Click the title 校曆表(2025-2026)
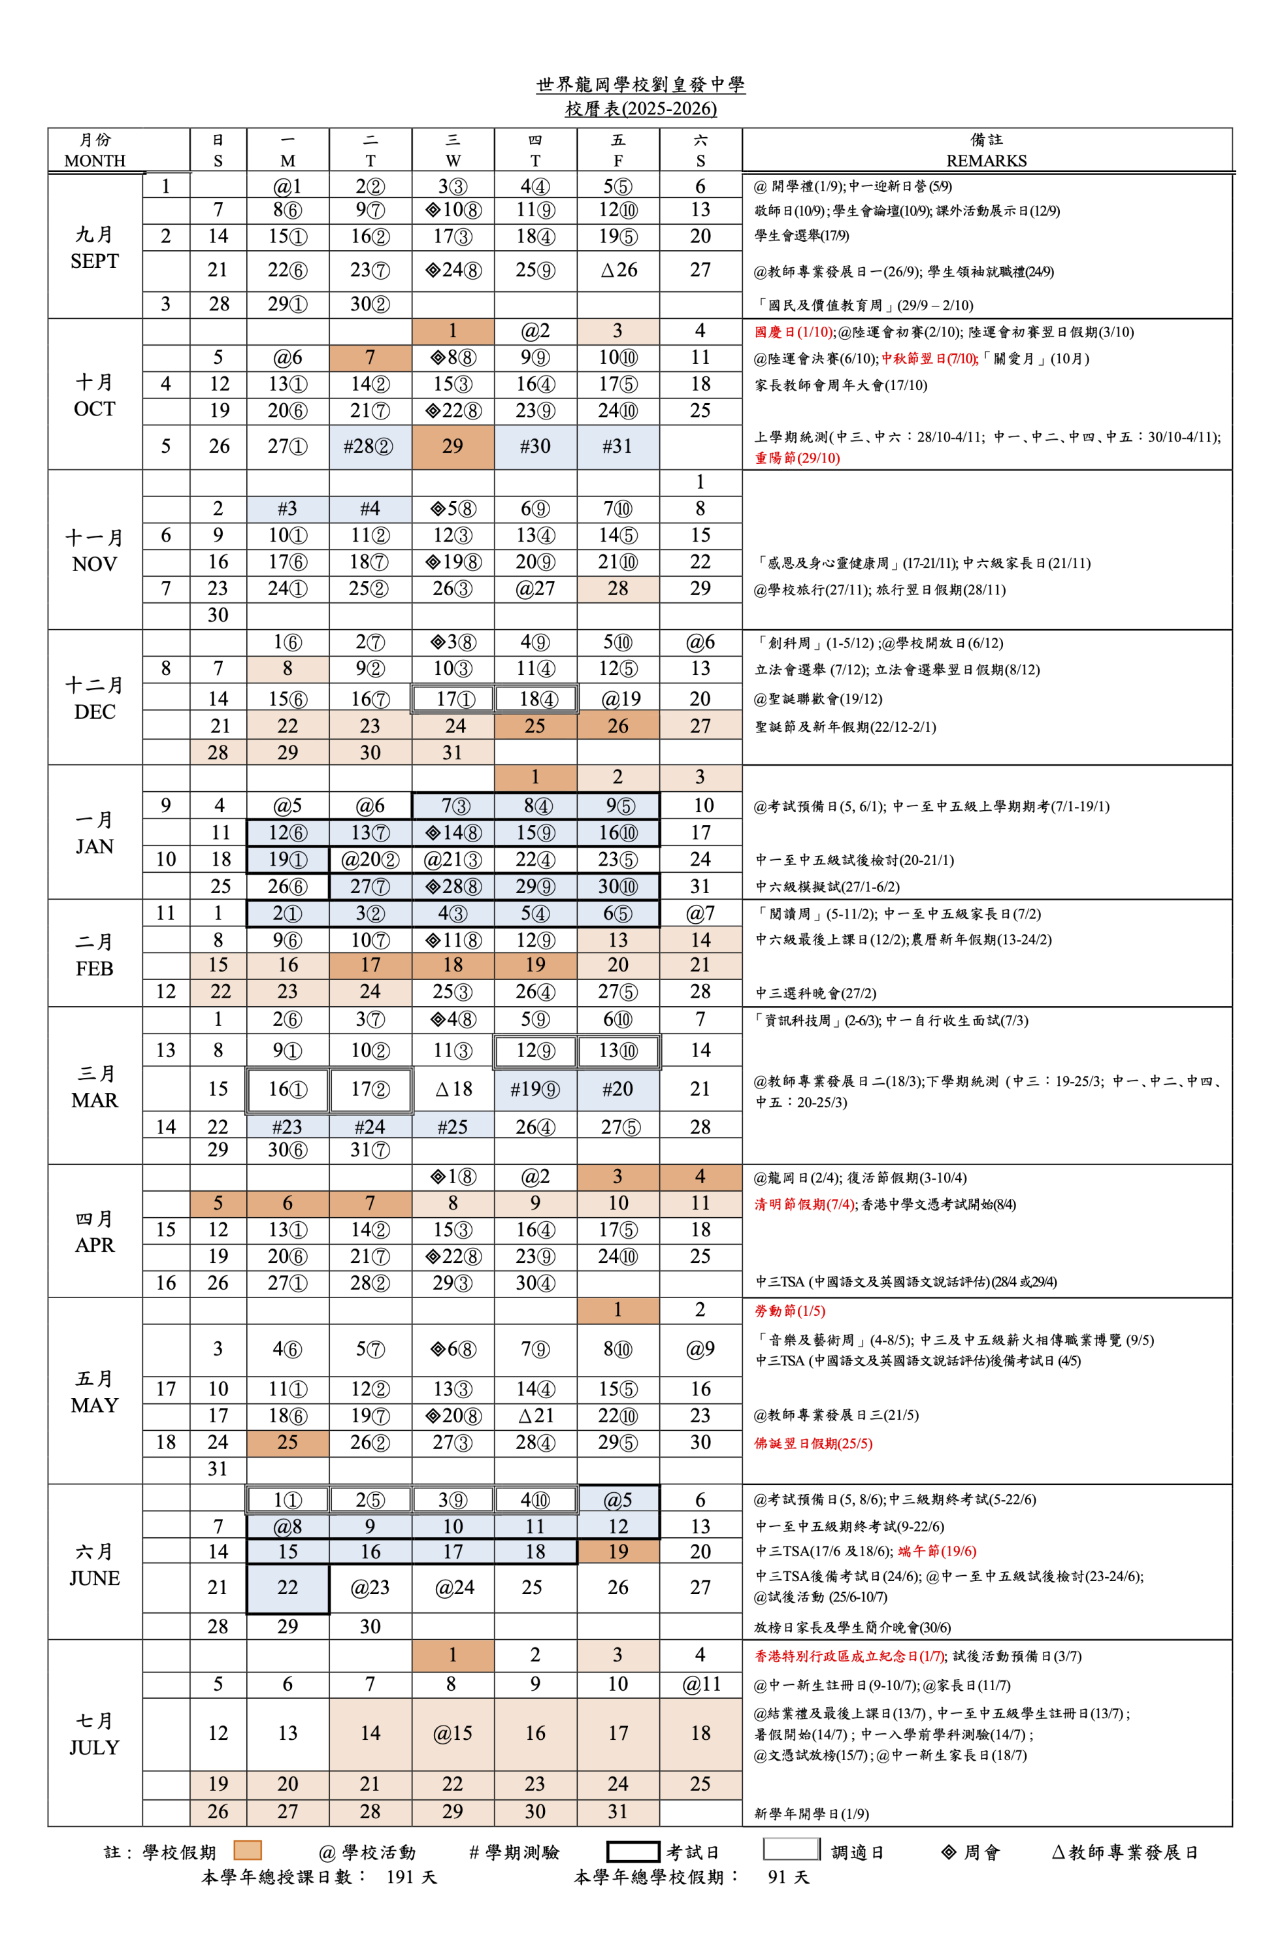coord(640,108)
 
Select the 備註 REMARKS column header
coord(987,150)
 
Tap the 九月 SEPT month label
coord(95,248)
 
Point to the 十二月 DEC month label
coord(95,698)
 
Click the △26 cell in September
coord(618,270)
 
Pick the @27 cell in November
coord(535,589)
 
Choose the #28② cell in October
coord(370,446)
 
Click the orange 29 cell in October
coord(453,446)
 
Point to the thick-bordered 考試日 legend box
coord(633,1852)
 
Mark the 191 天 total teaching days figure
coord(411,1877)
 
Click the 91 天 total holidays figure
coord(788,1877)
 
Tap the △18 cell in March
coord(453,1088)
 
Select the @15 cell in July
coord(453,1733)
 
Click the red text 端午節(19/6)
coord(936,1552)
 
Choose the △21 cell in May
coord(535,1416)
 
